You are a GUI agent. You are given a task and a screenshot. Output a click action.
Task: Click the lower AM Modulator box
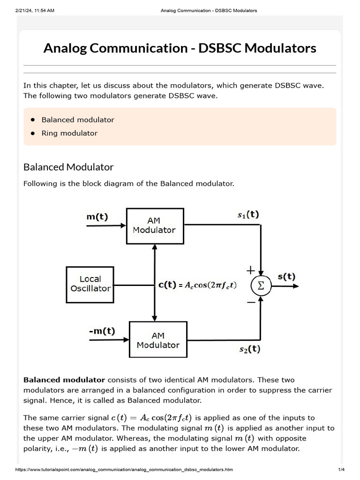(158, 340)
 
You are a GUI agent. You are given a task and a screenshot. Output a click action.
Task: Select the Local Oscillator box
(90, 284)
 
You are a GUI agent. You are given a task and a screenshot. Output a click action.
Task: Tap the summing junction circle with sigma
(261, 285)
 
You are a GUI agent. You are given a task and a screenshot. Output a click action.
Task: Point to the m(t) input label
(97, 217)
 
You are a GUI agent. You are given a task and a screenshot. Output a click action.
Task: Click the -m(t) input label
(102, 331)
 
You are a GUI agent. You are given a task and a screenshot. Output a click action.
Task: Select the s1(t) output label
(248, 215)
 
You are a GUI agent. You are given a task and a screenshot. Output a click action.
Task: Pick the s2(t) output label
(249, 349)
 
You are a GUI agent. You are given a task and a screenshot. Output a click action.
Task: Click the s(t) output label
(286, 276)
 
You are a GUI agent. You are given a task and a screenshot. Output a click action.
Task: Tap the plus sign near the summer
(251, 270)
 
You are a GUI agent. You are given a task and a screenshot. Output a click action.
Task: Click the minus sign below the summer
(251, 302)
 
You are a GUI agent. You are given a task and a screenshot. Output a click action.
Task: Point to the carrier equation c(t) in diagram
(196, 285)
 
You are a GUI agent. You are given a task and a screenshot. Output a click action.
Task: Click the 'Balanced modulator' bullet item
(78, 120)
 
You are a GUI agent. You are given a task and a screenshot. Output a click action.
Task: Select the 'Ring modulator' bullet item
(69, 133)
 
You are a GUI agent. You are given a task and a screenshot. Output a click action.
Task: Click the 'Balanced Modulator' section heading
(68, 167)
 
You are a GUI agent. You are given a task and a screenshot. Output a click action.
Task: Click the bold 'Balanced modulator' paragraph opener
(64, 380)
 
